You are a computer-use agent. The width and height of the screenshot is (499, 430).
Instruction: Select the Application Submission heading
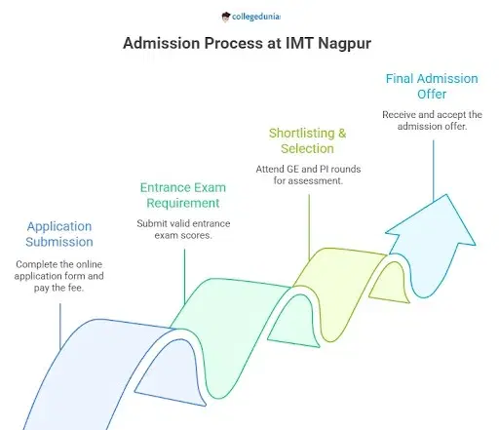coord(59,234)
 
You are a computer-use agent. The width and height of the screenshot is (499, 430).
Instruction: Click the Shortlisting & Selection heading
coord(307,140)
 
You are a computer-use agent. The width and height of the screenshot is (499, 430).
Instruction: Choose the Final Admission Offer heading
coord(431,87)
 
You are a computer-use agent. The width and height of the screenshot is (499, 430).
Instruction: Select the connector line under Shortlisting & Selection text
coord(308,224)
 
